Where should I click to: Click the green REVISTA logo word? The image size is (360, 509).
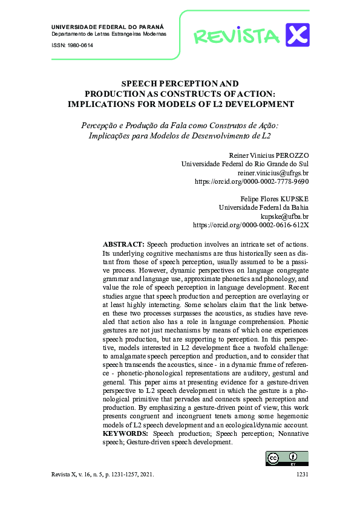237,36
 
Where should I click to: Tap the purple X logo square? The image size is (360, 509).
297,34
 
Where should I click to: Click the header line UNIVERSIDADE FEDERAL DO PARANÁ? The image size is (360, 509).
108,28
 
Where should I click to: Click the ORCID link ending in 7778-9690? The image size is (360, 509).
251,181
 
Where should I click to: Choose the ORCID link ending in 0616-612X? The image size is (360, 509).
250,224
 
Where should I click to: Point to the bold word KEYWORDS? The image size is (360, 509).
125,433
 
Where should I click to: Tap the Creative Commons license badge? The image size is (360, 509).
287,458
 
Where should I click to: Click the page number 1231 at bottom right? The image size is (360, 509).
303,475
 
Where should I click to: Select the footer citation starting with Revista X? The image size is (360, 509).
103,475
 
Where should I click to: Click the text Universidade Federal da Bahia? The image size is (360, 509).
263,207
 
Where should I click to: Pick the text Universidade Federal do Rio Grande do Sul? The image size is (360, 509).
245,164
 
